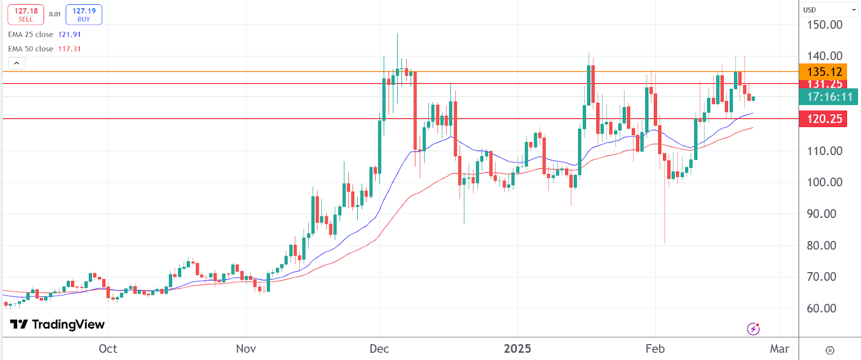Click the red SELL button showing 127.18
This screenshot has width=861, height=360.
[26, 15]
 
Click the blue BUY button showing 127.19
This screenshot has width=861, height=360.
[84, 15]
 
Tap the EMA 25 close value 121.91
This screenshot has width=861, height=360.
[69, 34]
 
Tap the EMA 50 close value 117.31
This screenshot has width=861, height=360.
[69, 49]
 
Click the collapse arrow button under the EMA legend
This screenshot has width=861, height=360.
[17, 63]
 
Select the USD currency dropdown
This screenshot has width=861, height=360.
[829, 10]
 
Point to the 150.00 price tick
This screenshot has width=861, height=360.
[824, 25]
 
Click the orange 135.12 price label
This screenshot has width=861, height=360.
[824, 72]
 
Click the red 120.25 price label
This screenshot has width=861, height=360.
[824, 119]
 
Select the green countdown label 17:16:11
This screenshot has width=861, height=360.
[829, 97]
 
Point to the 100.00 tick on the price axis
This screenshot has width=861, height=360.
[824, 182]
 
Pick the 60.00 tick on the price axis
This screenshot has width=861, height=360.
[821, 308]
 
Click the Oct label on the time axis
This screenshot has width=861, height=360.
[108, 349]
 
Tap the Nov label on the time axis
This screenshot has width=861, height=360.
[246, 349]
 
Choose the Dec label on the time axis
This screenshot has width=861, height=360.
[379, 349]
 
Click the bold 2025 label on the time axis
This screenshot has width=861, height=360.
[517, 349]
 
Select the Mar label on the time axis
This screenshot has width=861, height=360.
[779, 349]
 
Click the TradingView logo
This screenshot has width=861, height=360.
[58, 324]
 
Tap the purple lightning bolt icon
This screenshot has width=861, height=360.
[753, 328]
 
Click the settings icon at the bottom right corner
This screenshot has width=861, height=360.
[830, 350]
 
